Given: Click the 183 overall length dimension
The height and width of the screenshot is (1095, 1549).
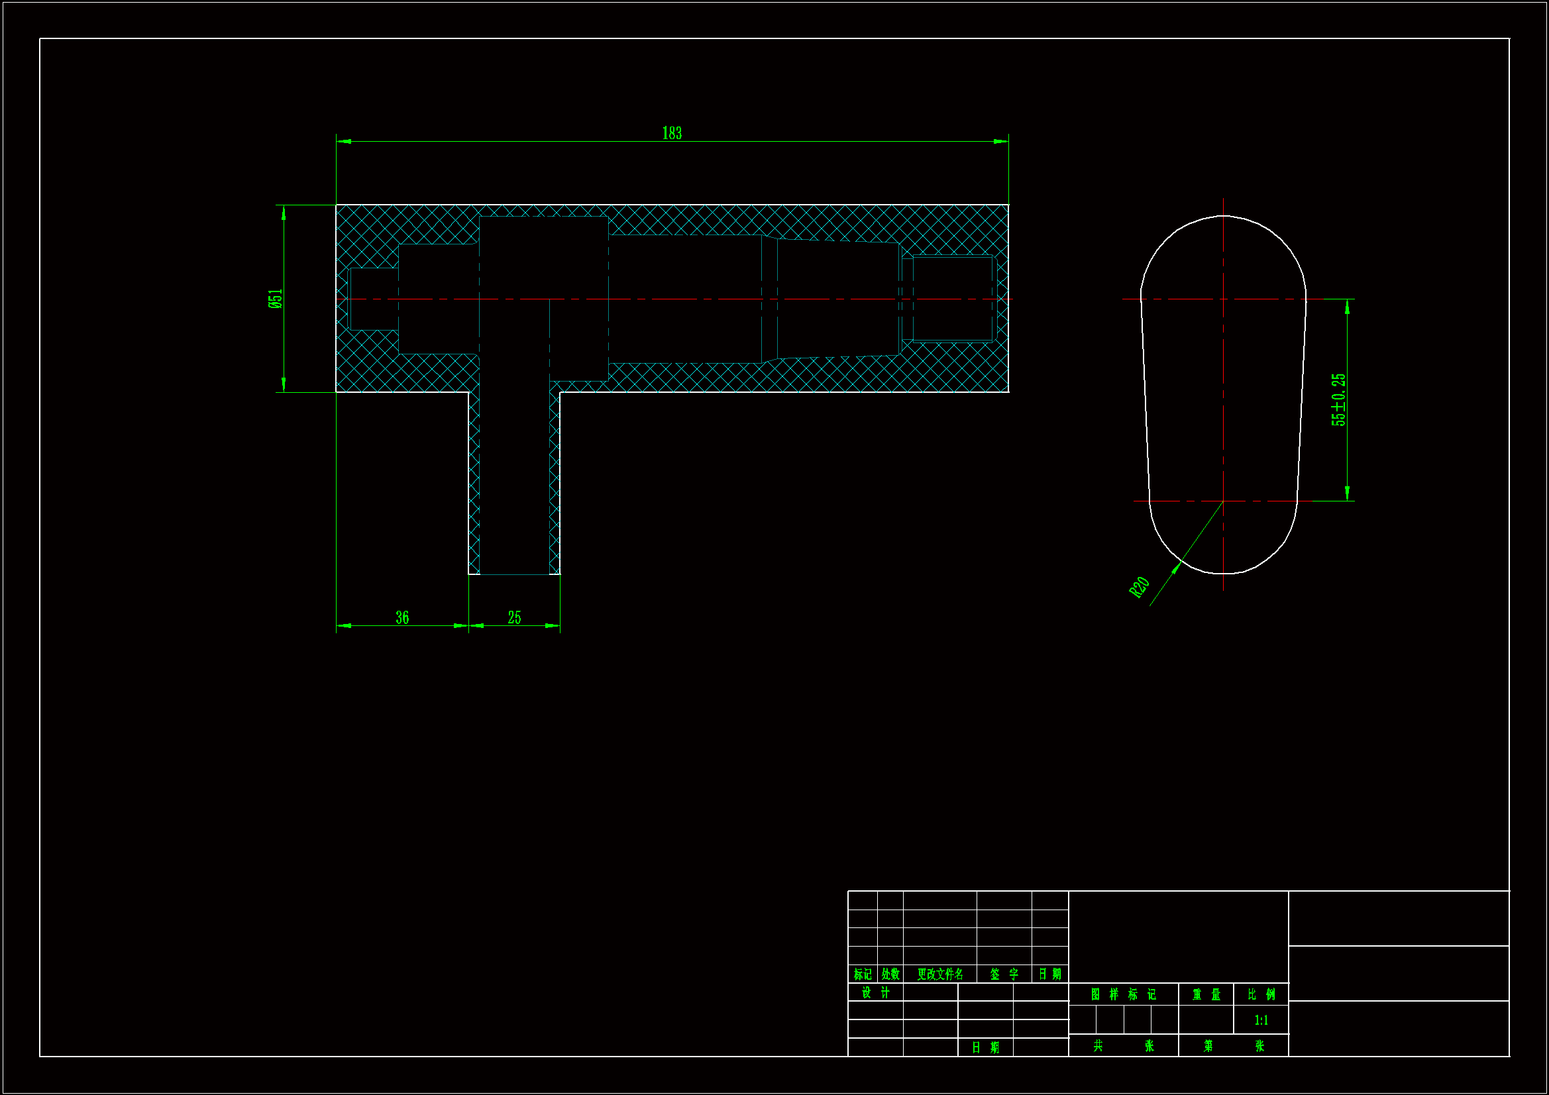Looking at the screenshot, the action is pyautogui.click(x=672, y=133).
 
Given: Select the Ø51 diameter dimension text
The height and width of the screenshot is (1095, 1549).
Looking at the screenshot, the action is pyautogui.click(x=275, y=298).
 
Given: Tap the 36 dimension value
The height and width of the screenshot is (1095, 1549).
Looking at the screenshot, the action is pyautogui.click(x=402, y=617).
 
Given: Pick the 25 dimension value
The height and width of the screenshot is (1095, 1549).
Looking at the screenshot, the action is pyautogui.click(x=514, y=617).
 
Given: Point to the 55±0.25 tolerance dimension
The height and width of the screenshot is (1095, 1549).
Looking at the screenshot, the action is pyautogui.click(x=1338, y=399).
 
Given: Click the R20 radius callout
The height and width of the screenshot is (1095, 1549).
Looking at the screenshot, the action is pyautogui.click(x=1139, y=587).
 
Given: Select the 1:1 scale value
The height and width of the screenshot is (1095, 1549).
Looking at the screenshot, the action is pyautogui.click(x=1261, y=1020).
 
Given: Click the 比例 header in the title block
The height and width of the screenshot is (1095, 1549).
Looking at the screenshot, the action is pyautogui.click(x=1261, y=994).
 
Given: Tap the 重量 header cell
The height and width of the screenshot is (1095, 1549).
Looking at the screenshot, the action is pyautogui.click(x=1206, y=994).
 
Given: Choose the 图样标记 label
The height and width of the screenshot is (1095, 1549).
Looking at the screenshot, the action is pyautogui.click(x=1123, y=994).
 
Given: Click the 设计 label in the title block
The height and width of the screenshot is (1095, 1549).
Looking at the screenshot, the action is pyautogui.click(x=876, y=992).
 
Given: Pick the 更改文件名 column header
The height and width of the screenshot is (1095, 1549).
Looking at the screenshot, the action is pyautogui.click(x=939, y=974).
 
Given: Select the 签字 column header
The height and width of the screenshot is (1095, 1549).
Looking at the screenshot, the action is pyautogui.click(x=1004, y=974).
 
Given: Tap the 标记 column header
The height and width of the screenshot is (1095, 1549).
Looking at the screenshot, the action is pyautogui.click(x=863, y=974).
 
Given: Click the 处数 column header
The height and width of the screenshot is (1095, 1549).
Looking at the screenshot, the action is pyautogui.click(x=890, y=974).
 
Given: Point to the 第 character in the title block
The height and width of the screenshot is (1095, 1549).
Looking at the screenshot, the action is pyautogui.click(x=1208, y=1046).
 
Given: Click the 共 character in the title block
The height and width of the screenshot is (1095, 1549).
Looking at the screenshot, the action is pyautogui.click(x=1098, y=1046).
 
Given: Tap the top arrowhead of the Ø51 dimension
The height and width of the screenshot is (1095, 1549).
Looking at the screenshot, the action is pyautogui.click(x=284, y=213).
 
